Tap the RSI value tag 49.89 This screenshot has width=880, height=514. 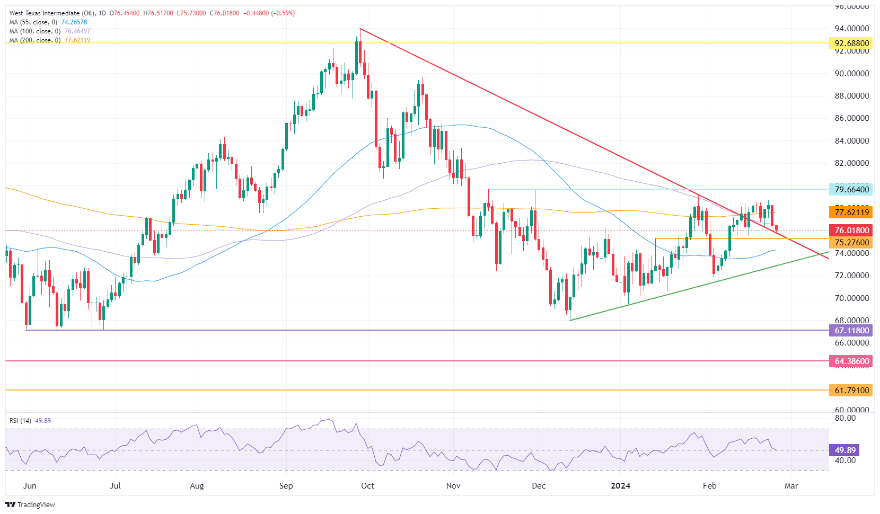click(844, 450)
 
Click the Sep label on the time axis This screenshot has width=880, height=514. click(286, 486)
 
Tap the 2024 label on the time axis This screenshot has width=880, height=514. click(620, 486)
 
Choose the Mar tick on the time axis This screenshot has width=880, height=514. click(791, 486)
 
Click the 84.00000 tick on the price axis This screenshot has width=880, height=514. click(851, 141)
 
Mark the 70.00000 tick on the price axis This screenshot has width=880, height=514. click(851, 298)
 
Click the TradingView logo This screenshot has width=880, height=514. click(30, 504)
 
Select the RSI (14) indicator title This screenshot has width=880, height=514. click(21, 421)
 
